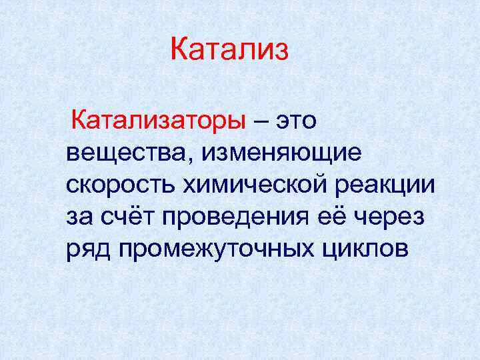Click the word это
(x=297, y=122)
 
